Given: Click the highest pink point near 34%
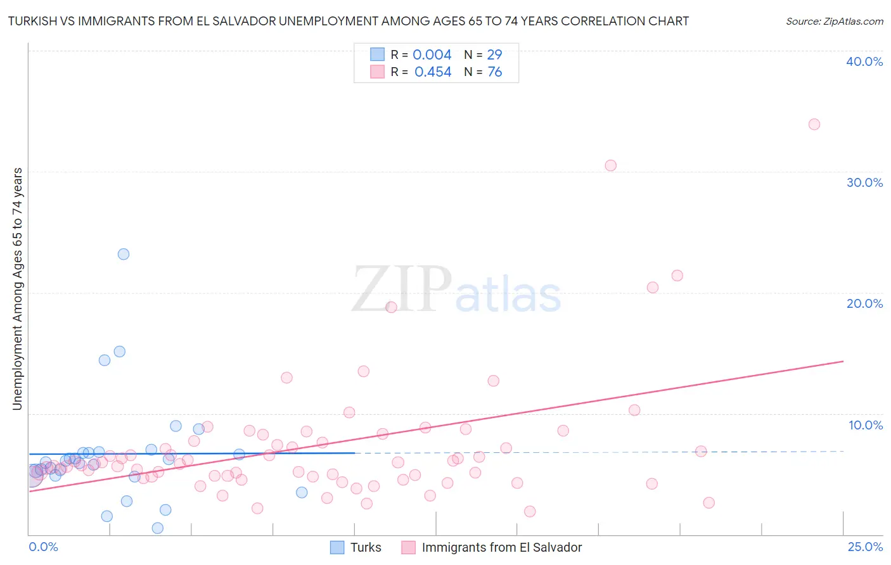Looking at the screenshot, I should tap(814, 124).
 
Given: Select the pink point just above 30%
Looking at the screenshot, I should tap(610, 165).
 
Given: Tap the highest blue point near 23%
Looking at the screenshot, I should tap(124, 254).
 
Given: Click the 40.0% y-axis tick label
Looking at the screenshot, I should tap(864, 61).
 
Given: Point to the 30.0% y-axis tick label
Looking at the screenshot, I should tap(864, 182).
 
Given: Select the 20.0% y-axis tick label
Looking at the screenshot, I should tap(864, 303).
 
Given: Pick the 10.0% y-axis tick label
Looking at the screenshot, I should tap(866, 425).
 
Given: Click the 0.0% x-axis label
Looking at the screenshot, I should tap(43, 547).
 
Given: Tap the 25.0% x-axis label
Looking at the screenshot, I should tap(865, 547).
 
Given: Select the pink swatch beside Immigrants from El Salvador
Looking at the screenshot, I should tap(409, 547).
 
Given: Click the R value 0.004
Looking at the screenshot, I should tap(432, 55).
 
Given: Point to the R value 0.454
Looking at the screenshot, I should tap(433, 72).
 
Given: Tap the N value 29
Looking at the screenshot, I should tap(494, 55).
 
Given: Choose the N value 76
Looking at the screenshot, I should tap(494, 72).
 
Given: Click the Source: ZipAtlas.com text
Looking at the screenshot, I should tap(834, 22).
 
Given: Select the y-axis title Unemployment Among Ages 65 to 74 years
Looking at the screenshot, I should tap(18, 289).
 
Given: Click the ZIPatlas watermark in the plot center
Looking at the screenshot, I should tap(456, 291).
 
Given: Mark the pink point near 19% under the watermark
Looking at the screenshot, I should tap(391, 307).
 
